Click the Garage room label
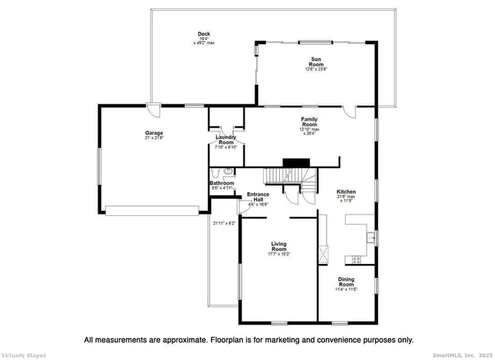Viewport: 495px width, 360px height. (153, 133)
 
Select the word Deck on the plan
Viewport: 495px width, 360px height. (204, 33)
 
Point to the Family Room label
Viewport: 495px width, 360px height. (309, 122)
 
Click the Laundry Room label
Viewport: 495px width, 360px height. (225, 140)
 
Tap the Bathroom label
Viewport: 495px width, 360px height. (222, 183)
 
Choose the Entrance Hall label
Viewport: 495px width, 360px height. (258, 197)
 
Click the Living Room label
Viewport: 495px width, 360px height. (278, 246)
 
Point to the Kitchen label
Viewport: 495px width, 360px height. (346, 191)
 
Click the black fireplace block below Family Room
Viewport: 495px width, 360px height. (294, 163)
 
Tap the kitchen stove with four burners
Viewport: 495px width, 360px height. (357, 259)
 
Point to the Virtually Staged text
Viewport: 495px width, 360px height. (23, 355)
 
